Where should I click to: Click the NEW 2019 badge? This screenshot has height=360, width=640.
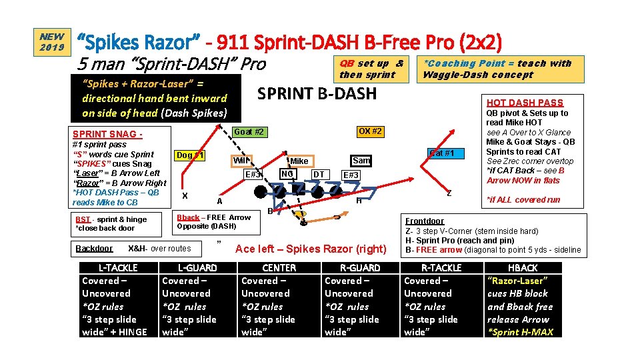pyautogui.click(x=52, y=41)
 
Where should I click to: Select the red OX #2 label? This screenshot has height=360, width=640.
pyautogui.click(x=369, y=131)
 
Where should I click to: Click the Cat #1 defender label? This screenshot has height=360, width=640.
pyautogui.click(x=441, y=153)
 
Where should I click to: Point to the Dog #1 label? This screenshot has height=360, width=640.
pyautogui.click(x=190, y=156)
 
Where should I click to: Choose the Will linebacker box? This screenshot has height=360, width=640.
pyautogui.click(x=241, y=161)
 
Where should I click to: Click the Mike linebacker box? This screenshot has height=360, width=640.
pyautogui.click(x=299, y=161)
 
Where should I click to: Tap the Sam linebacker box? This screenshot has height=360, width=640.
pyautogui.click(x=361, y=161)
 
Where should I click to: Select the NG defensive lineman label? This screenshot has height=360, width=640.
pyautogui.click(x=287, y=174)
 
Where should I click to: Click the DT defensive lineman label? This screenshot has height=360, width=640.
pyautogui.click(x=319, y=174)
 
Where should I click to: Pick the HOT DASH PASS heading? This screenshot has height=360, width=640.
pyautogui.click(x=524, y=103)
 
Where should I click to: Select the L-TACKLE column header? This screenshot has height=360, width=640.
pyautogui.click(x=118, y=268)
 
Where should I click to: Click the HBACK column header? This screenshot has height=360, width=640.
pyautogui.click(x=523, y=268)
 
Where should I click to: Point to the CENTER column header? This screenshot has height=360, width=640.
pyautogui.click(x=279, y=268)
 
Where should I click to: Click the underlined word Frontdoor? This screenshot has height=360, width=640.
pyautogui.click(x=425, y=221)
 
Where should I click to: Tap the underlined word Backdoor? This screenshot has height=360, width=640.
pyautogui.click(x=94, y=248)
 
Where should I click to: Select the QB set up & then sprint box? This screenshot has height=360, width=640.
pyautogui.click(x=371, y=69)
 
